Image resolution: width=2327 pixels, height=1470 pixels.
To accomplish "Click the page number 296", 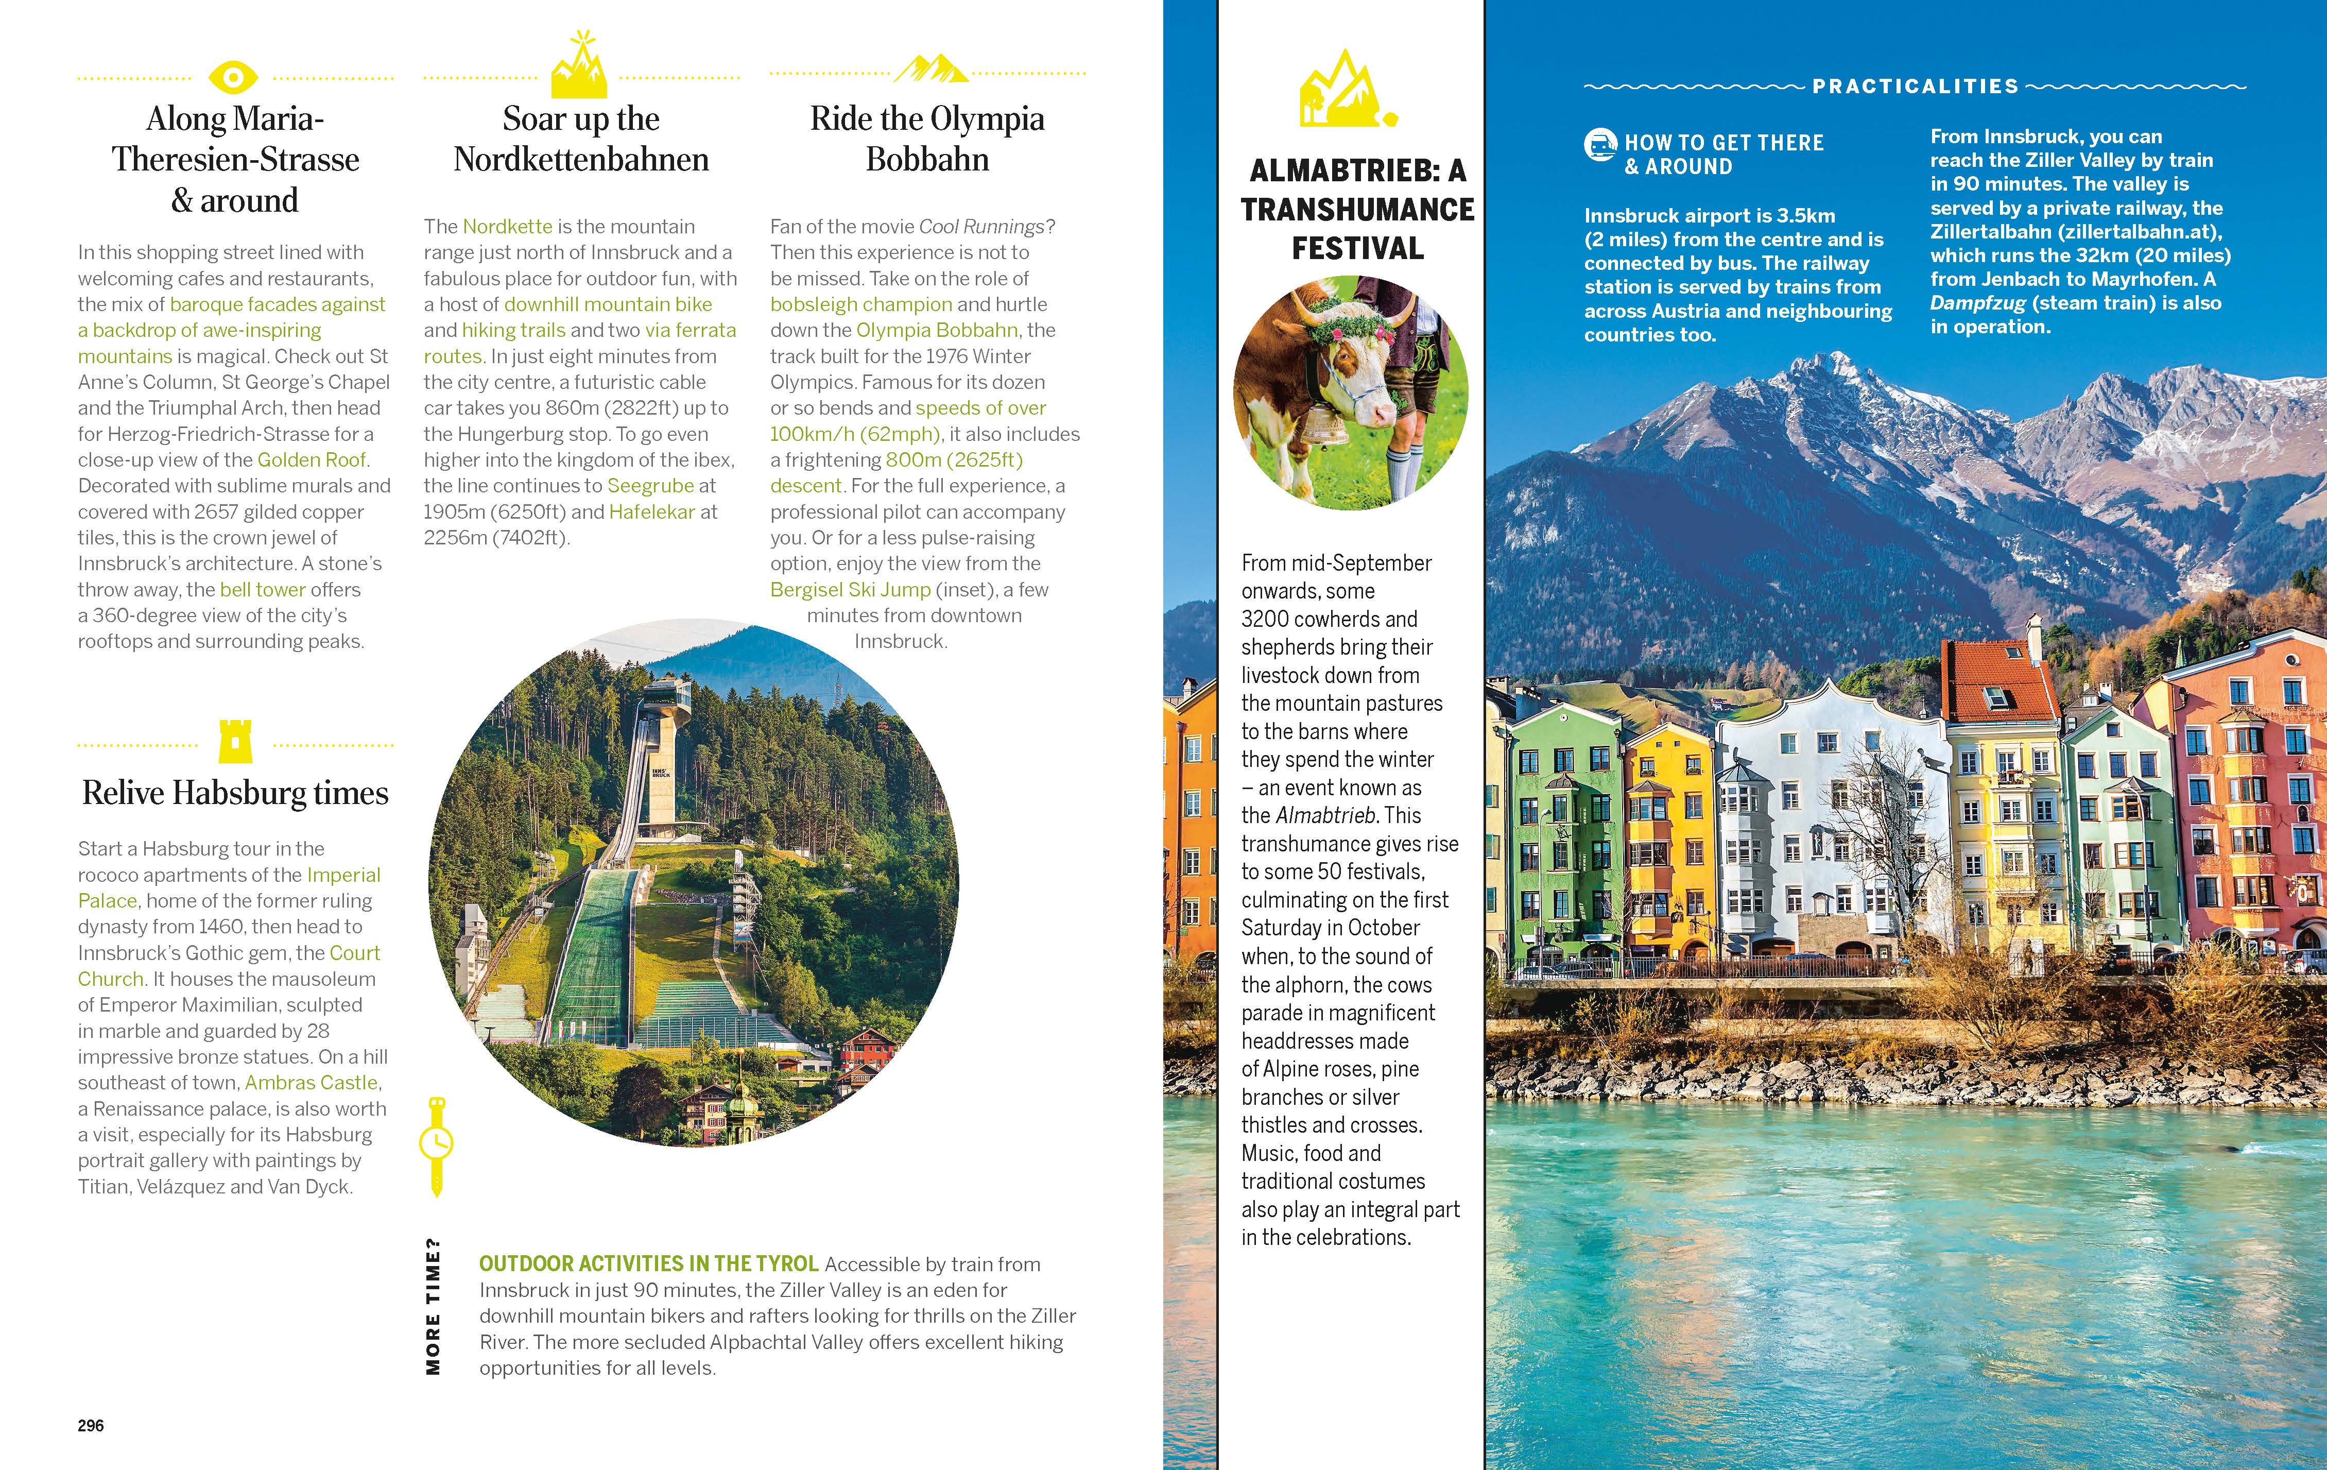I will coord(91,1426).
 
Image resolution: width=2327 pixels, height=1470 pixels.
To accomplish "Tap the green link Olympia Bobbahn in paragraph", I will coord(936,331).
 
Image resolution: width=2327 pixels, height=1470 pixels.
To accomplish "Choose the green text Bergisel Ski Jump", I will coord(850,590).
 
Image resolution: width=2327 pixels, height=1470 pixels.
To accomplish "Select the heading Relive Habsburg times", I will coord(235,793).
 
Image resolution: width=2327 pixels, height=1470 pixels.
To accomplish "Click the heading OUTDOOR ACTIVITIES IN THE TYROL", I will coord(648,1264).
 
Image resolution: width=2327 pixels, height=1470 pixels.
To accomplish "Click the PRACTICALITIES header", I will coord(1916,86).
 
